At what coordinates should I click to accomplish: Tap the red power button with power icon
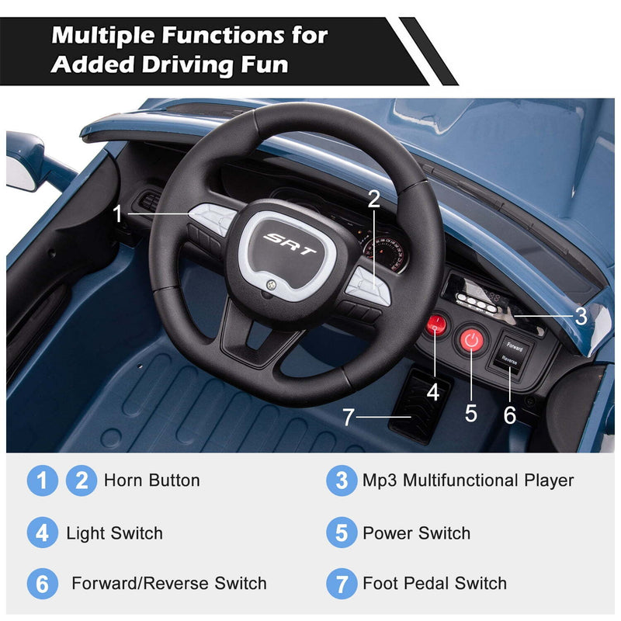tap(471, 339)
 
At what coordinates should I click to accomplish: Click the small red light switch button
tap(435, 325)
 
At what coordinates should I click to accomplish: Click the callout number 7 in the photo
tap(349, 418)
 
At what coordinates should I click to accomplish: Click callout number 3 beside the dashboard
tap(581, 317)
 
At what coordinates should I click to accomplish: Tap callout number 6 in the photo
tap(509, 415)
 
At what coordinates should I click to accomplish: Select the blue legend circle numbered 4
tap(42, 533)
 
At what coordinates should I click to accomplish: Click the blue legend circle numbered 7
tap(342, 583)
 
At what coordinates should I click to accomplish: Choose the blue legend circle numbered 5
tap(342, 533)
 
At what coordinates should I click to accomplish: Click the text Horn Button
tap(151, 480)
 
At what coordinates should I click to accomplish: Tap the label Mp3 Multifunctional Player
tap(468, 480)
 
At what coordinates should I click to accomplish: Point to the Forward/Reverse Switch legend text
tap(169, 583)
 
